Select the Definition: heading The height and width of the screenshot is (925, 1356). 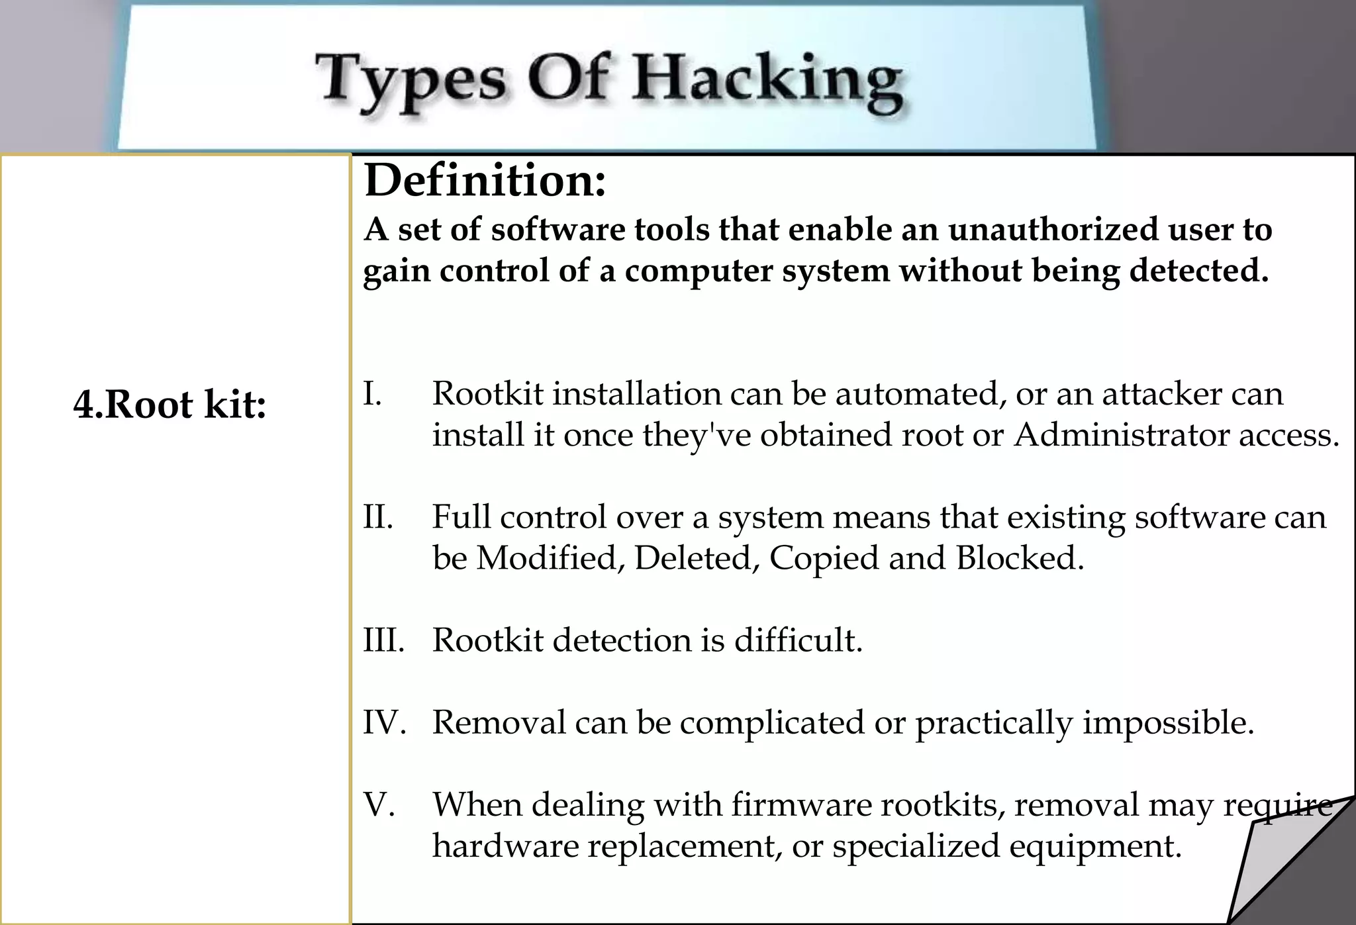(x=485, y=180)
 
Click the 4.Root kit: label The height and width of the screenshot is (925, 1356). (x=170, y=404)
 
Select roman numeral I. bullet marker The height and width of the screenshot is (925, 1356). (x=373, y=394)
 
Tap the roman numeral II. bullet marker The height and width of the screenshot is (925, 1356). (x=378, y=517)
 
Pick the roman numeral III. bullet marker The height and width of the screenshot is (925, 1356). (x=384, y=640)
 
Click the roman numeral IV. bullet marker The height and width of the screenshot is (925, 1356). (x=385, y=722)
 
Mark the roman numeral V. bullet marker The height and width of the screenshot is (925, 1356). (x=379, y=804)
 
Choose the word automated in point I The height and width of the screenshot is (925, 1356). (x=916, y=394)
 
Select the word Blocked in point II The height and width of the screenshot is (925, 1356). (x=1020, y=558)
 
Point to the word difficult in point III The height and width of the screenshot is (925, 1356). (x=799, y=640)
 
